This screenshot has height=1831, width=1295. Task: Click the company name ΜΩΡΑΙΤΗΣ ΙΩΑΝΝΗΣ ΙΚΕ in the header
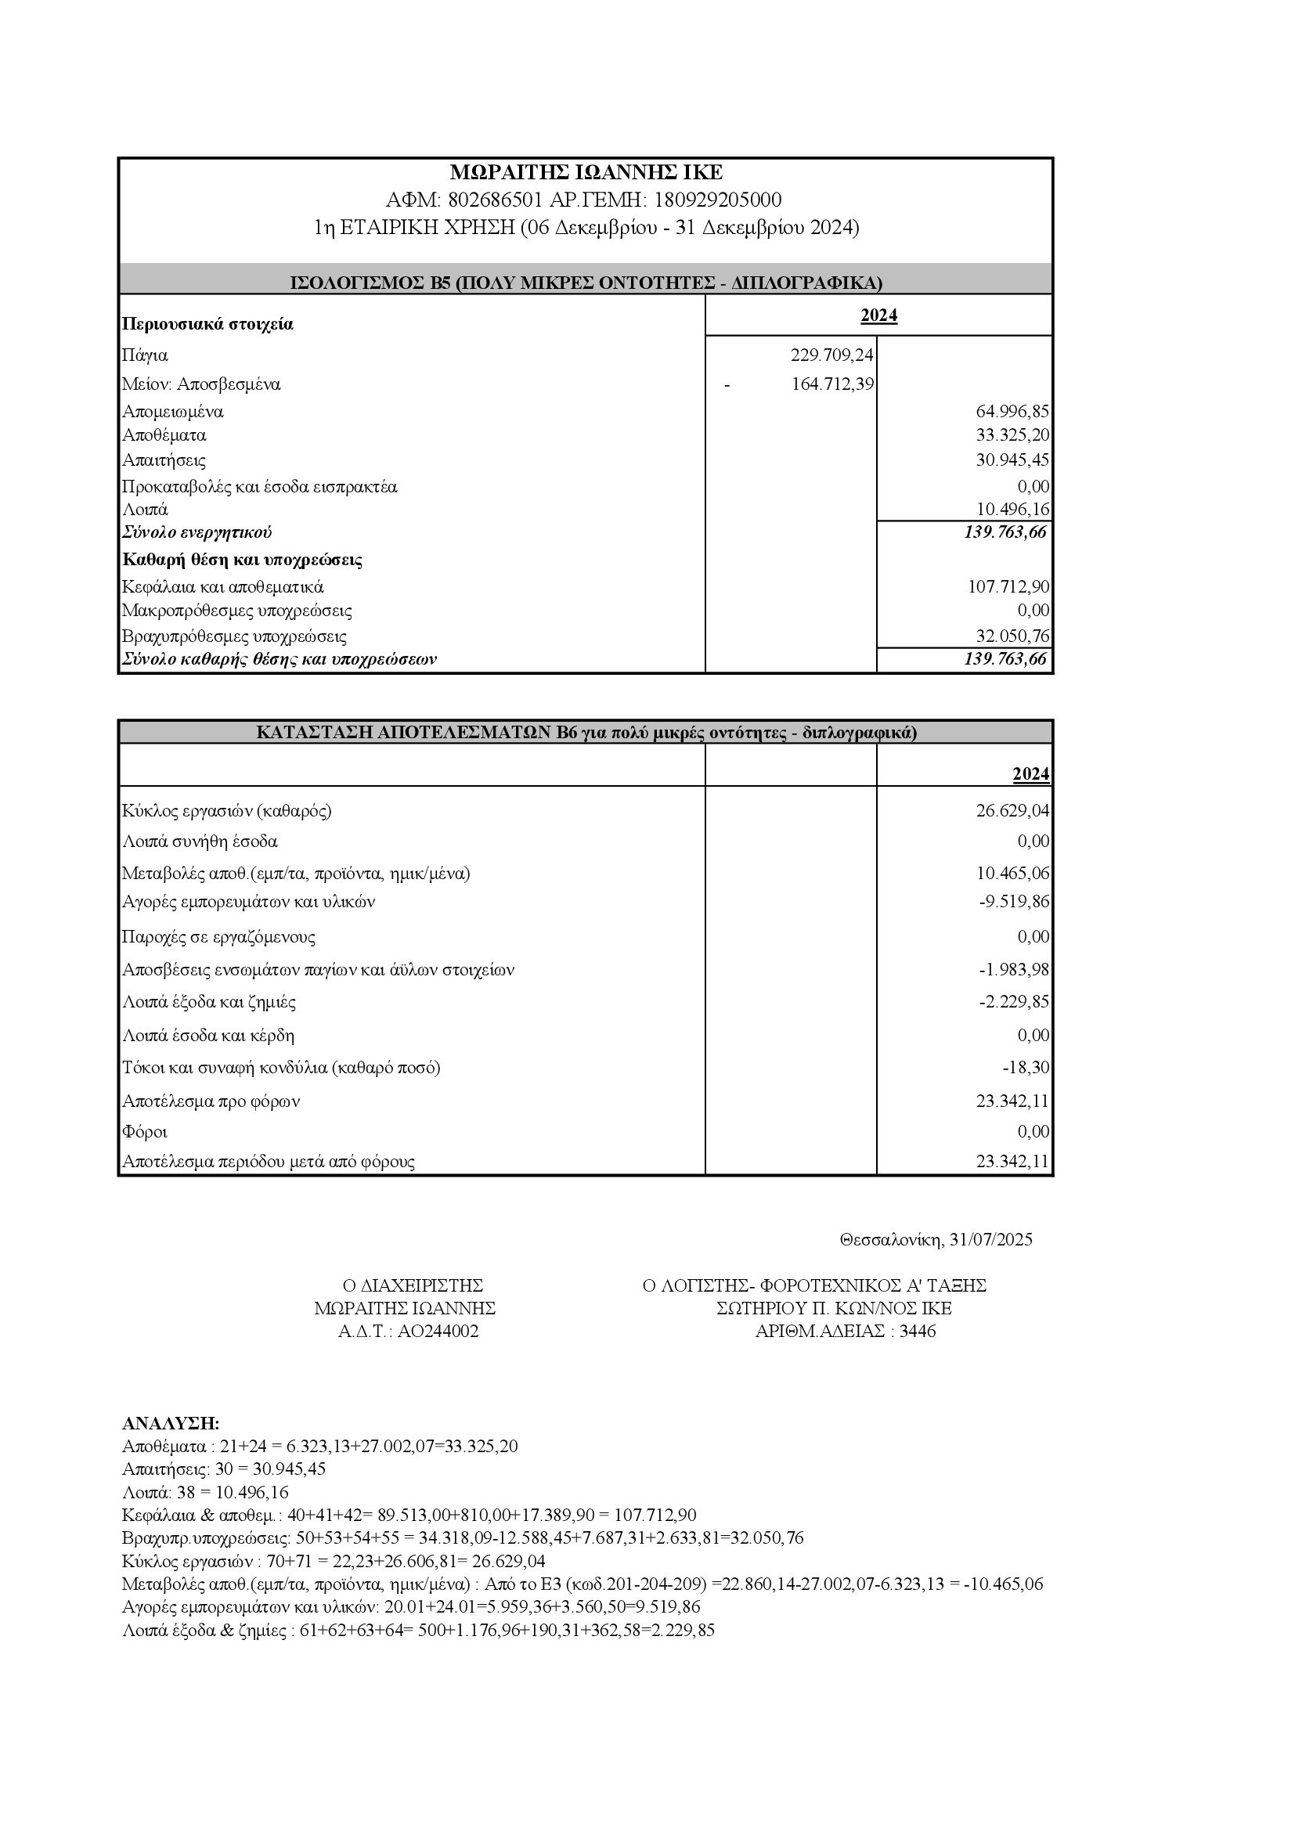[586, 172]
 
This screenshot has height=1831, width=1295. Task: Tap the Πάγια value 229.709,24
[831, 355]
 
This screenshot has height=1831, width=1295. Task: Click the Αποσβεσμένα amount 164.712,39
[831, 384]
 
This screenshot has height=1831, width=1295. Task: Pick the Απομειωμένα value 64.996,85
[1012, 412]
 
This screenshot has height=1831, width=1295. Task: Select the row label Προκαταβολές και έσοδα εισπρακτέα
[259, 486]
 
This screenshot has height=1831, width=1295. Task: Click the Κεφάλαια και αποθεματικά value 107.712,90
[1008, 587]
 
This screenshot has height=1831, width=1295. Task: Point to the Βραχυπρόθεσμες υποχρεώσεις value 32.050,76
[1012, 636]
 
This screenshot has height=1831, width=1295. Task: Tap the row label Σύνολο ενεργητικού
[197, 532]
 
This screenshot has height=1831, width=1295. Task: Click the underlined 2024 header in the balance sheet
[878, 315]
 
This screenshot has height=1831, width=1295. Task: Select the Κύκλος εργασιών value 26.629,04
[1012, 811]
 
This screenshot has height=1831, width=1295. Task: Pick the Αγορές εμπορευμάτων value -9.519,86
[1013, 902]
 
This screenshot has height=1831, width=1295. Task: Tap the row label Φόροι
[144, 1132]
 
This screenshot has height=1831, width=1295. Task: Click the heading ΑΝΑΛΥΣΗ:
[171, 1423]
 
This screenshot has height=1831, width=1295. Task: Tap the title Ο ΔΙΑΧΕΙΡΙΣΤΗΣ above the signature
[413, 1285]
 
